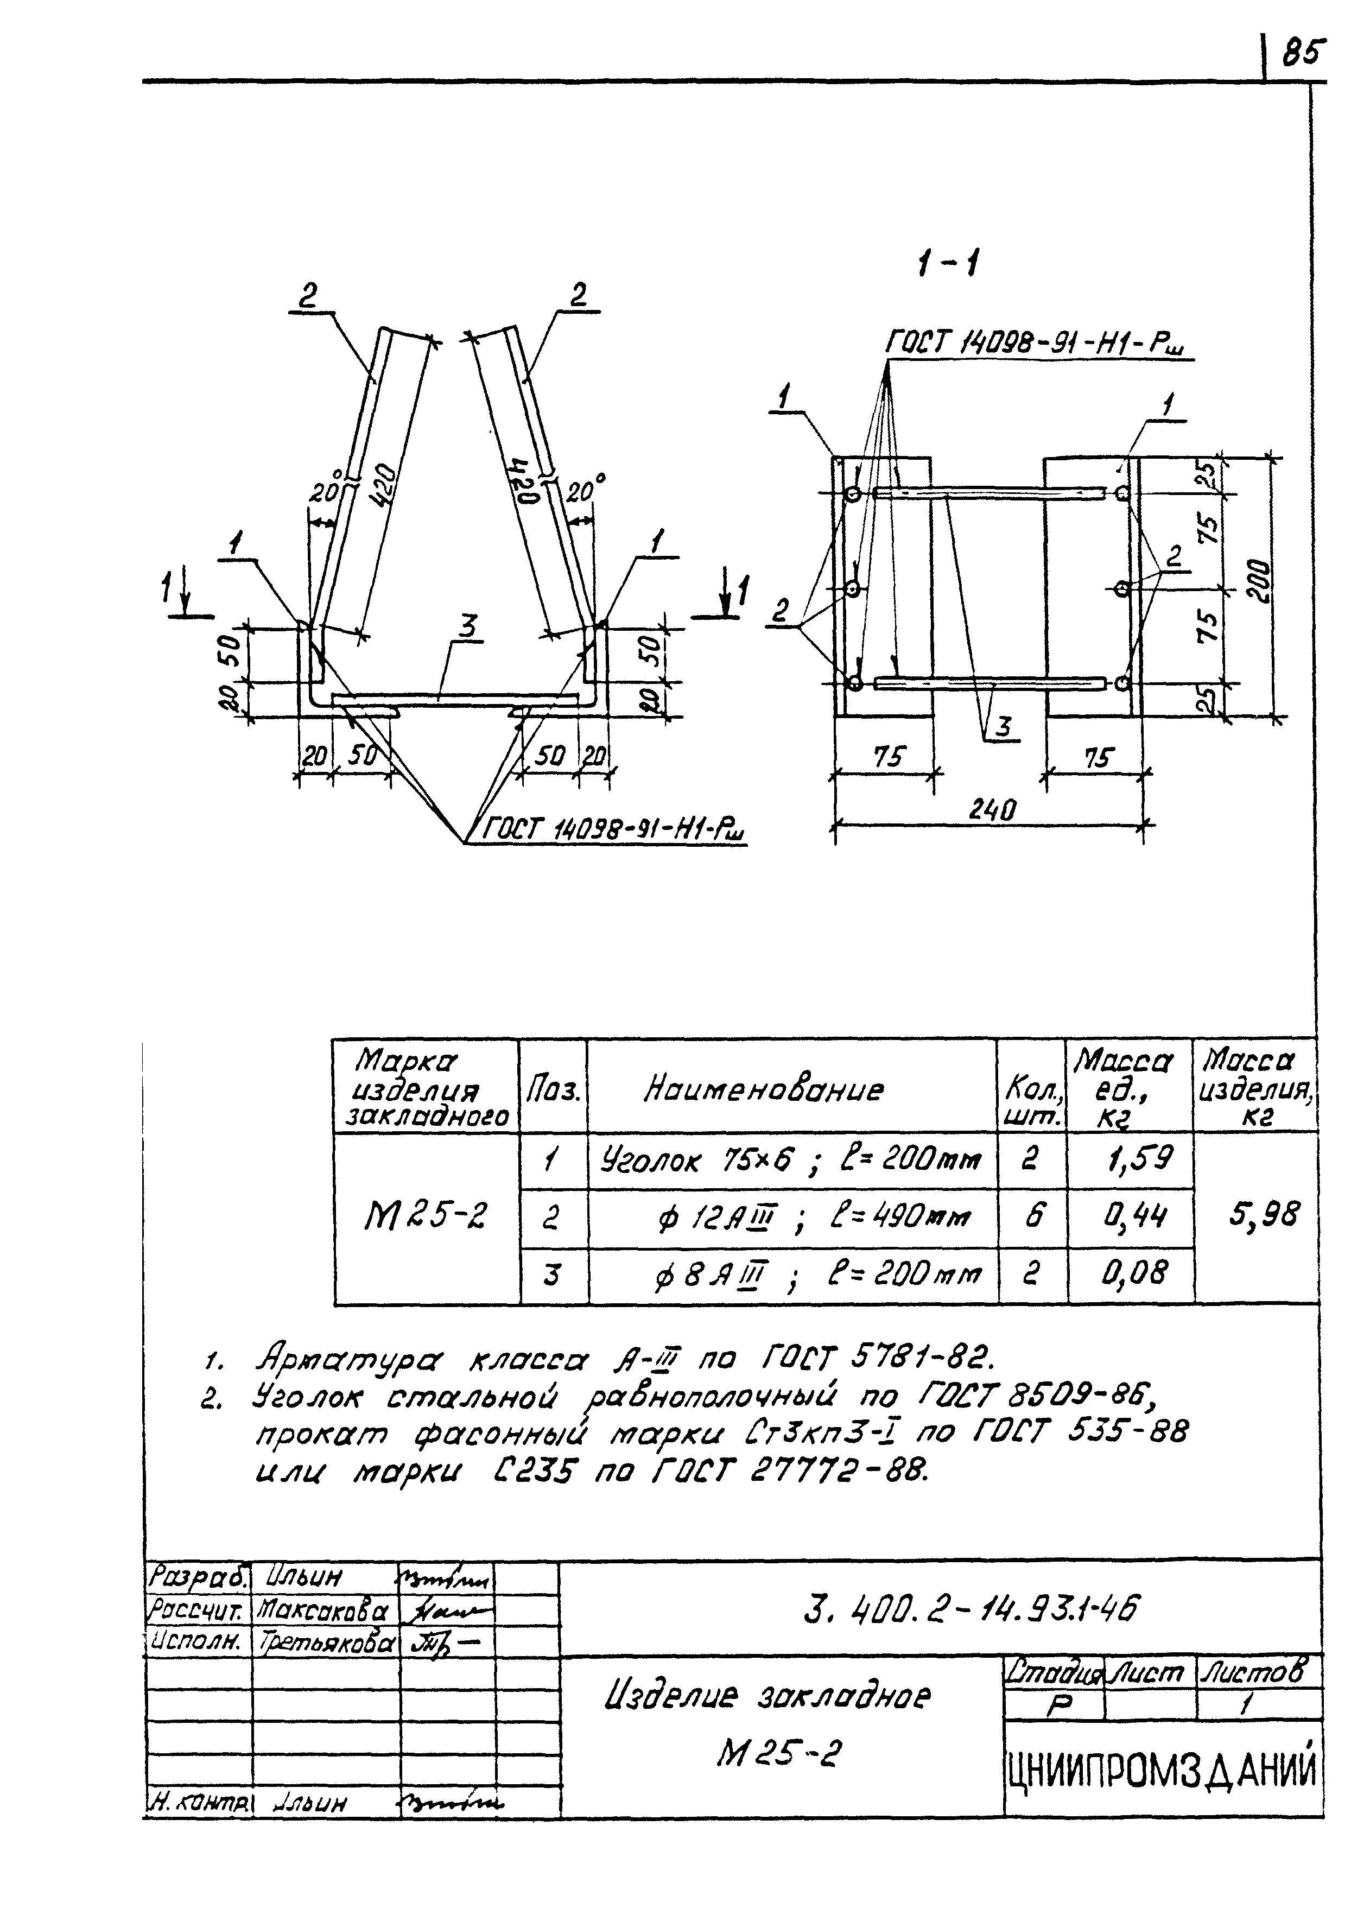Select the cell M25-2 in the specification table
pyautogui.click(x=426, y=1216)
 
